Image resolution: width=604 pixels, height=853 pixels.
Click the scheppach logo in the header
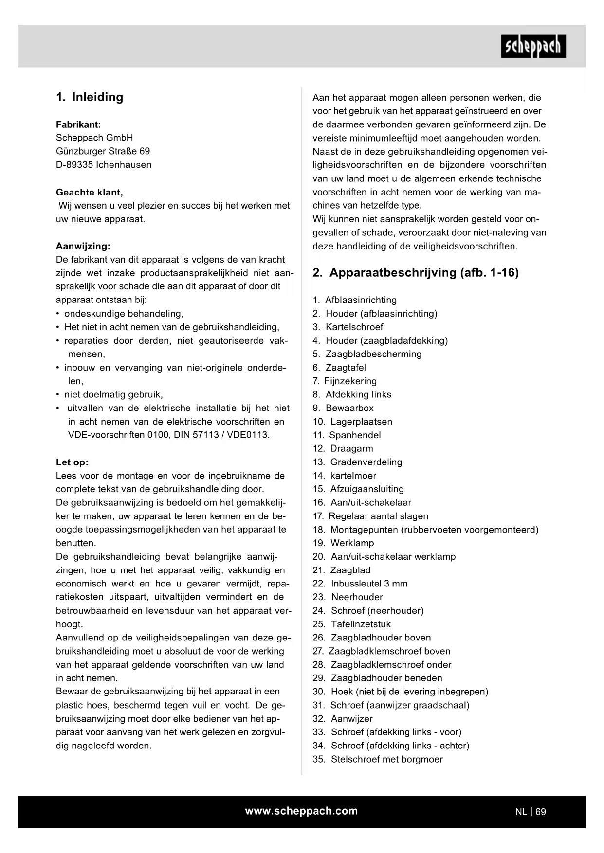pos(533,46)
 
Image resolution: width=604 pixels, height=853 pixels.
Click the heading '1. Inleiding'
pos(90,97)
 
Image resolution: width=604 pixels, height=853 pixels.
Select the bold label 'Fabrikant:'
pos(78,124)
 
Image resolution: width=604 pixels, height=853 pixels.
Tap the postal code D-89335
pos(74,165)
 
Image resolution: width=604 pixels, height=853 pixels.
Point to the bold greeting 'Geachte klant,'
pos(90,192)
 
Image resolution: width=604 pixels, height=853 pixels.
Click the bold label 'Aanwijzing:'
pos(83,246)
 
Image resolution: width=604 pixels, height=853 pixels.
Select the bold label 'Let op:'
pos(72,462)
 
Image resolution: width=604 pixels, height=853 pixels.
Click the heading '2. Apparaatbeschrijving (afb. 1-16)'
pos(416,273)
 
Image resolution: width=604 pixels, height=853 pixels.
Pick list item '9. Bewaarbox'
pos(343,408)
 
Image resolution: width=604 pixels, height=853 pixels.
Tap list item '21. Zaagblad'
pos(341,570)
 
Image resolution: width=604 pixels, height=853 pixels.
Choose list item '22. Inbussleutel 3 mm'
pos(360,584)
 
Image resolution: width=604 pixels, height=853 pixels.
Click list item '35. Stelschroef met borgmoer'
pos(378,759)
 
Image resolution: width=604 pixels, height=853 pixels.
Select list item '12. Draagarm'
pos(343,448)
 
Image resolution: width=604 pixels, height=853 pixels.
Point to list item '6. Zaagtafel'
pos(339,368)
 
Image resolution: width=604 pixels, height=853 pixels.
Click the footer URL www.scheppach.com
pos(301,811)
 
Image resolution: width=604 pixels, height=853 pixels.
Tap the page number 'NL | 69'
pos(531,812)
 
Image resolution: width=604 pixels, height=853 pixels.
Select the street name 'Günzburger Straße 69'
pos(103,151)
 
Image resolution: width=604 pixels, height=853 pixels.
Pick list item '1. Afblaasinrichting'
pos(354,300)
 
